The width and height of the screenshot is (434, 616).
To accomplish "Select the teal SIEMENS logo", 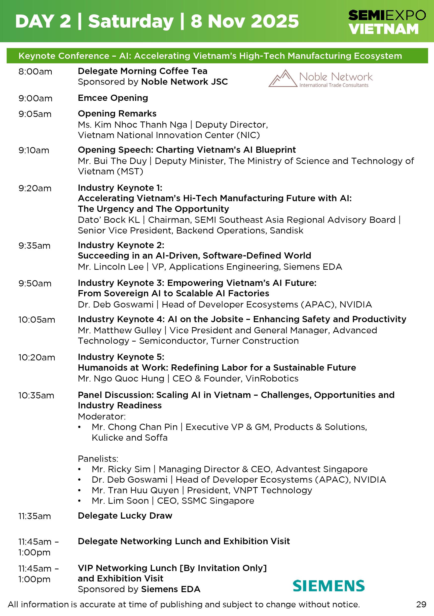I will [x=328, y=586].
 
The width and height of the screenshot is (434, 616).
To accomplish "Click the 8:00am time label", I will [x=35, y=72].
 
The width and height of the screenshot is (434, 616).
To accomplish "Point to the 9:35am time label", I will [x=34, y=245].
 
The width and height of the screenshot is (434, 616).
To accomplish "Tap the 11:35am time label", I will [x=35, y=516].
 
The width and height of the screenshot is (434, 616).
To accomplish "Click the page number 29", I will [x=421, y=605].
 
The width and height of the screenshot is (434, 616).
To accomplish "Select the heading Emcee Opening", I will [x=113, y=98].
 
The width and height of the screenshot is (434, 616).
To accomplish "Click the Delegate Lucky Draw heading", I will [x=125, y=515].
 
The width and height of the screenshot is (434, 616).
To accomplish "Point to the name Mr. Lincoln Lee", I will [x=111, y=267].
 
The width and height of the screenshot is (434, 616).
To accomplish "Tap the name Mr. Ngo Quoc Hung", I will [x=121, y=378].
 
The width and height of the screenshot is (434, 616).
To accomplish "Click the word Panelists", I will [x=98, y=459].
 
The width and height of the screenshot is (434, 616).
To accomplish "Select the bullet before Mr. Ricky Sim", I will [x=79, y=469].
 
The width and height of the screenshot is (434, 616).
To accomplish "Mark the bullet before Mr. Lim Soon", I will [x=79, y=501].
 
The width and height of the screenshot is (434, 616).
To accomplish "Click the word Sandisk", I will [x=287, y=231].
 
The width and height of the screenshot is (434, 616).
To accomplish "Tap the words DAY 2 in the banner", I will [x=43, y=21].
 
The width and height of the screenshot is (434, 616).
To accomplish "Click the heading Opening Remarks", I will [x=117, y=114].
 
